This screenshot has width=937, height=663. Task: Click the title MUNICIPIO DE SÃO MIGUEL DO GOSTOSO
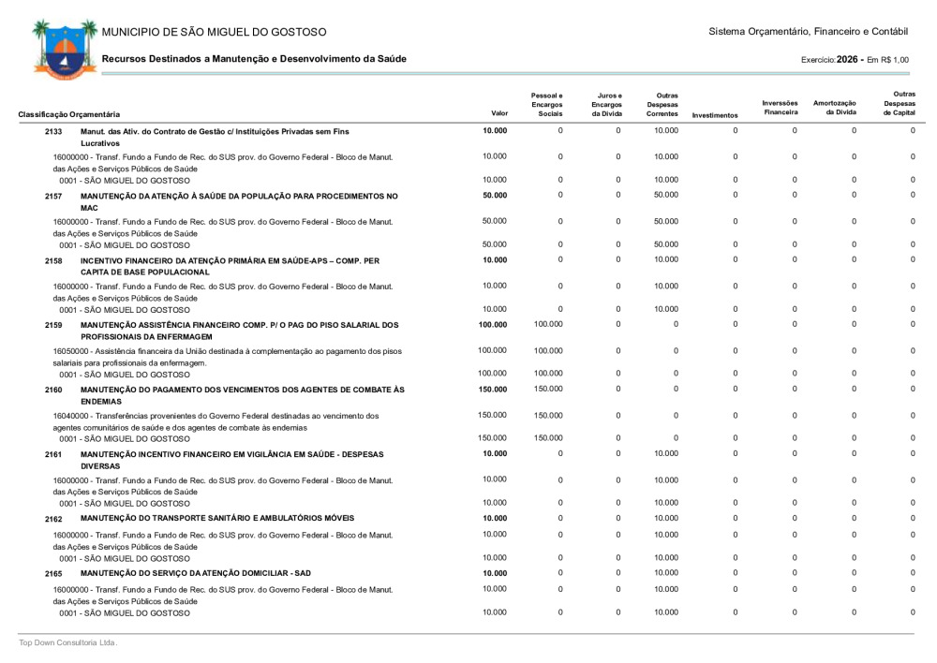[215, 33]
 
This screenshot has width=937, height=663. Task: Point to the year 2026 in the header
[849, 59]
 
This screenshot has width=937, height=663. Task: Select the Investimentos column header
[715, 115]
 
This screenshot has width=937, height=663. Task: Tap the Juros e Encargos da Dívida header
[606, 104]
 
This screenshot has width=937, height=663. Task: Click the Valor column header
[499, 113]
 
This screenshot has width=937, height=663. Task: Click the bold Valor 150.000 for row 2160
[493, 389]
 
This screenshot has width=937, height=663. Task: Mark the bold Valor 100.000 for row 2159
[493, 325]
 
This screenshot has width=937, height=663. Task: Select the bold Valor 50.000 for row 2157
[495, 196]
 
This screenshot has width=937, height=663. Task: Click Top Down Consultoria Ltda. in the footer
[68, 642]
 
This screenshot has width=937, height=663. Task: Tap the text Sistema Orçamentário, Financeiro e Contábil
[809, 33]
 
